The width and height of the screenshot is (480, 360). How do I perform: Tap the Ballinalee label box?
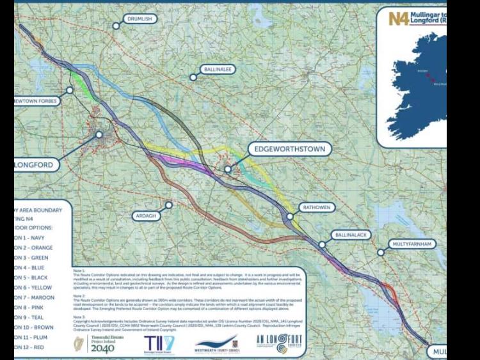(218, 69)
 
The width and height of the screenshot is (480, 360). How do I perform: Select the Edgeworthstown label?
(290, 150)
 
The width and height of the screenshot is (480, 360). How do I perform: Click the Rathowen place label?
(316, 208)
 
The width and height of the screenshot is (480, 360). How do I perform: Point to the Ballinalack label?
(351, 235)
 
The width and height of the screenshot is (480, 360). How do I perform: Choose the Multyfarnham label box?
(412, 244)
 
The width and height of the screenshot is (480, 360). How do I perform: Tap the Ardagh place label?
(145, 216)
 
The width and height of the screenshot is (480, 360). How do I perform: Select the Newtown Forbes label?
(37, 101)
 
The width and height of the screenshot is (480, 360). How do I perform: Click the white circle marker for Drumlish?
(116, 26)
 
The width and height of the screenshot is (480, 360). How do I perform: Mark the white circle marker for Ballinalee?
(193, 77)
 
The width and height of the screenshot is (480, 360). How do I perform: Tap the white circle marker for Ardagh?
(169, 205)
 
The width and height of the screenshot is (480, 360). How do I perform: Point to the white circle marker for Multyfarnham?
(381, 253)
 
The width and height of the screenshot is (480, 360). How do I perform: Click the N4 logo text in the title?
(398, 18)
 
